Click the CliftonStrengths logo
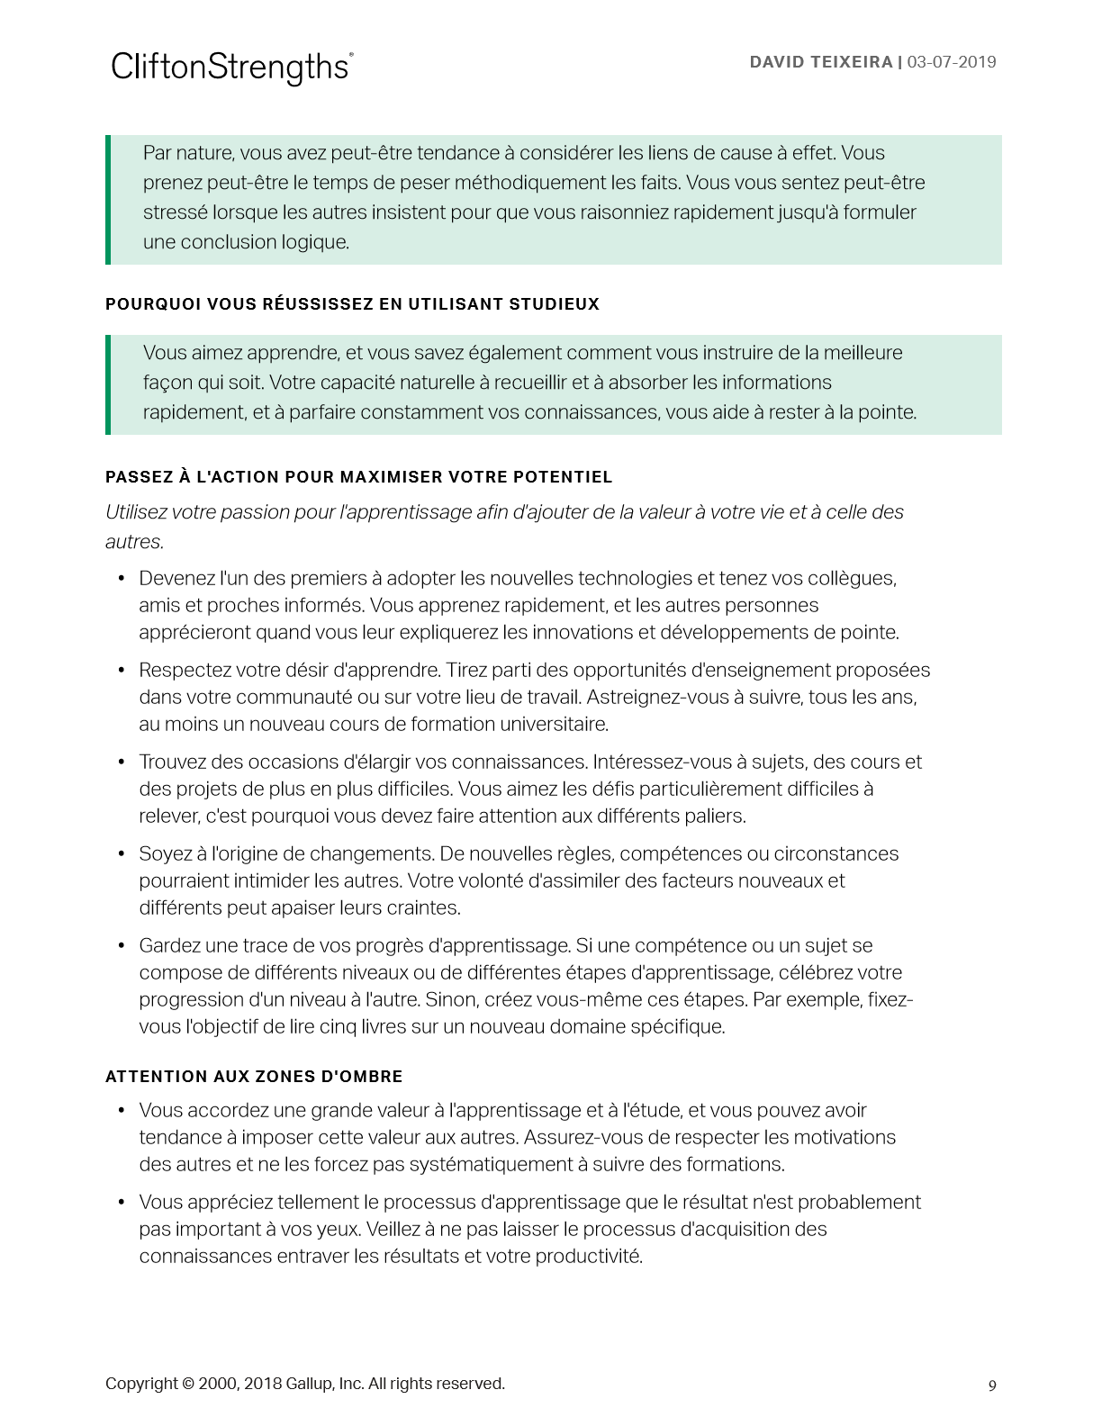(231, 68)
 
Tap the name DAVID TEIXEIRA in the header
(820, 62)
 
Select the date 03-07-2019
(952, 62)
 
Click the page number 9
(992, 1385)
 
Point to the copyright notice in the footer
(304, 1384)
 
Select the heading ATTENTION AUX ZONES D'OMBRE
(254, 1077)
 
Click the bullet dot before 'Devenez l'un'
(121, 578)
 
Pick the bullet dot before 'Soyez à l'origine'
(121, 853)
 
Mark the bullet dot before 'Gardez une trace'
(121, 945)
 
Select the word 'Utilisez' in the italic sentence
(137, 512)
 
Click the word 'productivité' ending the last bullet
(590, 1256)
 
